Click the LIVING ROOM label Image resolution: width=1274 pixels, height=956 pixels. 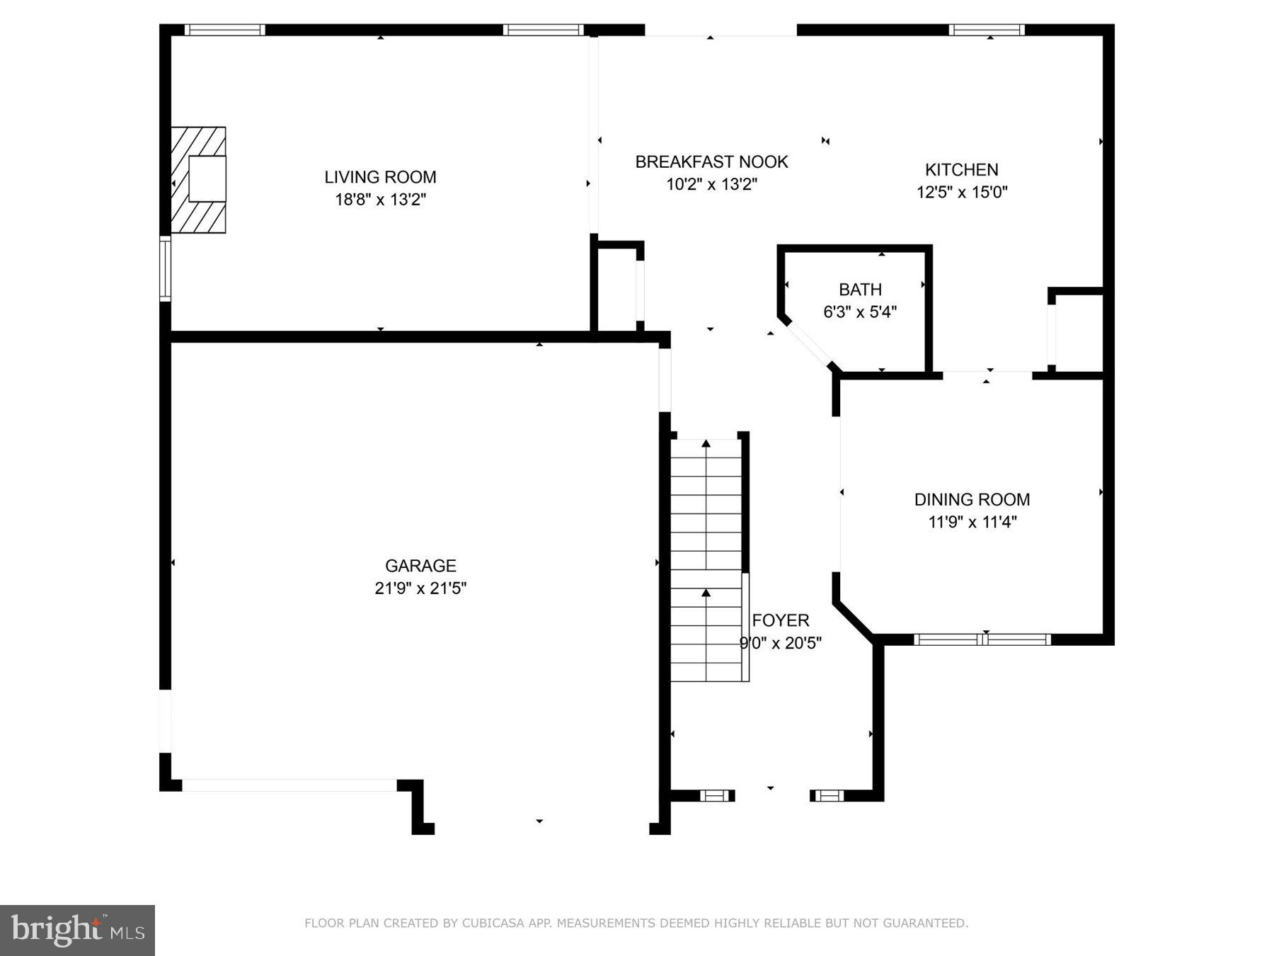point(380,177)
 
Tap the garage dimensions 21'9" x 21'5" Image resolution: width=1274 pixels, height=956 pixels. point(420,588)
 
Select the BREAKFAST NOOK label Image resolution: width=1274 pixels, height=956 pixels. point(711,162)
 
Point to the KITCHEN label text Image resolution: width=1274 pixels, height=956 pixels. point(961,170)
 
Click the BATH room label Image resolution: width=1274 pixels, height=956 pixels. point(860,290)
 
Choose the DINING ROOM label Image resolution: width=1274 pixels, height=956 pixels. point(972,500)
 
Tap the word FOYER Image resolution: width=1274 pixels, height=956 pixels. point(781,621)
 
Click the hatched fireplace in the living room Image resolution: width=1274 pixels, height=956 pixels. point(198,180)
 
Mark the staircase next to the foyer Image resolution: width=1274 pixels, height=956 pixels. point(706,559)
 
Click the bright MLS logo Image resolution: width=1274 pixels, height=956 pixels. point(77,930)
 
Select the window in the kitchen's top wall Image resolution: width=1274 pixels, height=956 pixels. point(986,30)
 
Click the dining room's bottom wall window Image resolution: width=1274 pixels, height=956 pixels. point(982,639)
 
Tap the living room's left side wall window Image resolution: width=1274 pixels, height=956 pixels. point(165,269)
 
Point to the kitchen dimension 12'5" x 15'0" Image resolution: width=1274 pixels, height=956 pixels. point(962,192)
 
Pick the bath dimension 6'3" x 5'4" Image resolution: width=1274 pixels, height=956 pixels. point(860,312)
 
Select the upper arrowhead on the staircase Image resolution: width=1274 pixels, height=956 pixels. point(706,444)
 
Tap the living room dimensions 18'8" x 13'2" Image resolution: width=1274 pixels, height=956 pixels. point(380,200)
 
